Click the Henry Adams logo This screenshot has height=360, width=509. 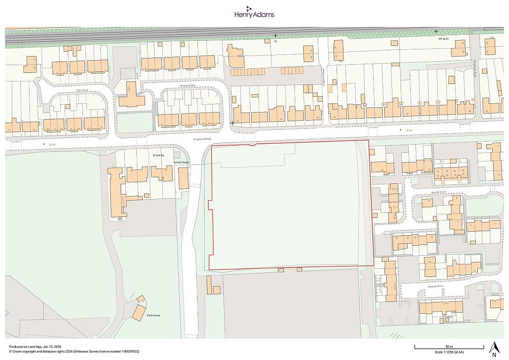point(254,12)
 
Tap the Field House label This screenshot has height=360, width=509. point(153,316)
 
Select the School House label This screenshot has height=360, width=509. point(181,162)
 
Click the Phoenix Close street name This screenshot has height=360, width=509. point(436,286)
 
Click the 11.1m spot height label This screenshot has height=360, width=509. point(409,130)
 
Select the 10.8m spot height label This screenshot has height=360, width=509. point(52,145)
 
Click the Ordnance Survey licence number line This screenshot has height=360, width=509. point(74,351)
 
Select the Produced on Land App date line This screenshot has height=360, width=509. point(36,346)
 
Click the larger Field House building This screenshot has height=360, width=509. point(139,312)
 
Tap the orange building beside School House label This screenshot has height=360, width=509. point(183,178)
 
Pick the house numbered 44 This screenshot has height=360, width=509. point(334,111)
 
